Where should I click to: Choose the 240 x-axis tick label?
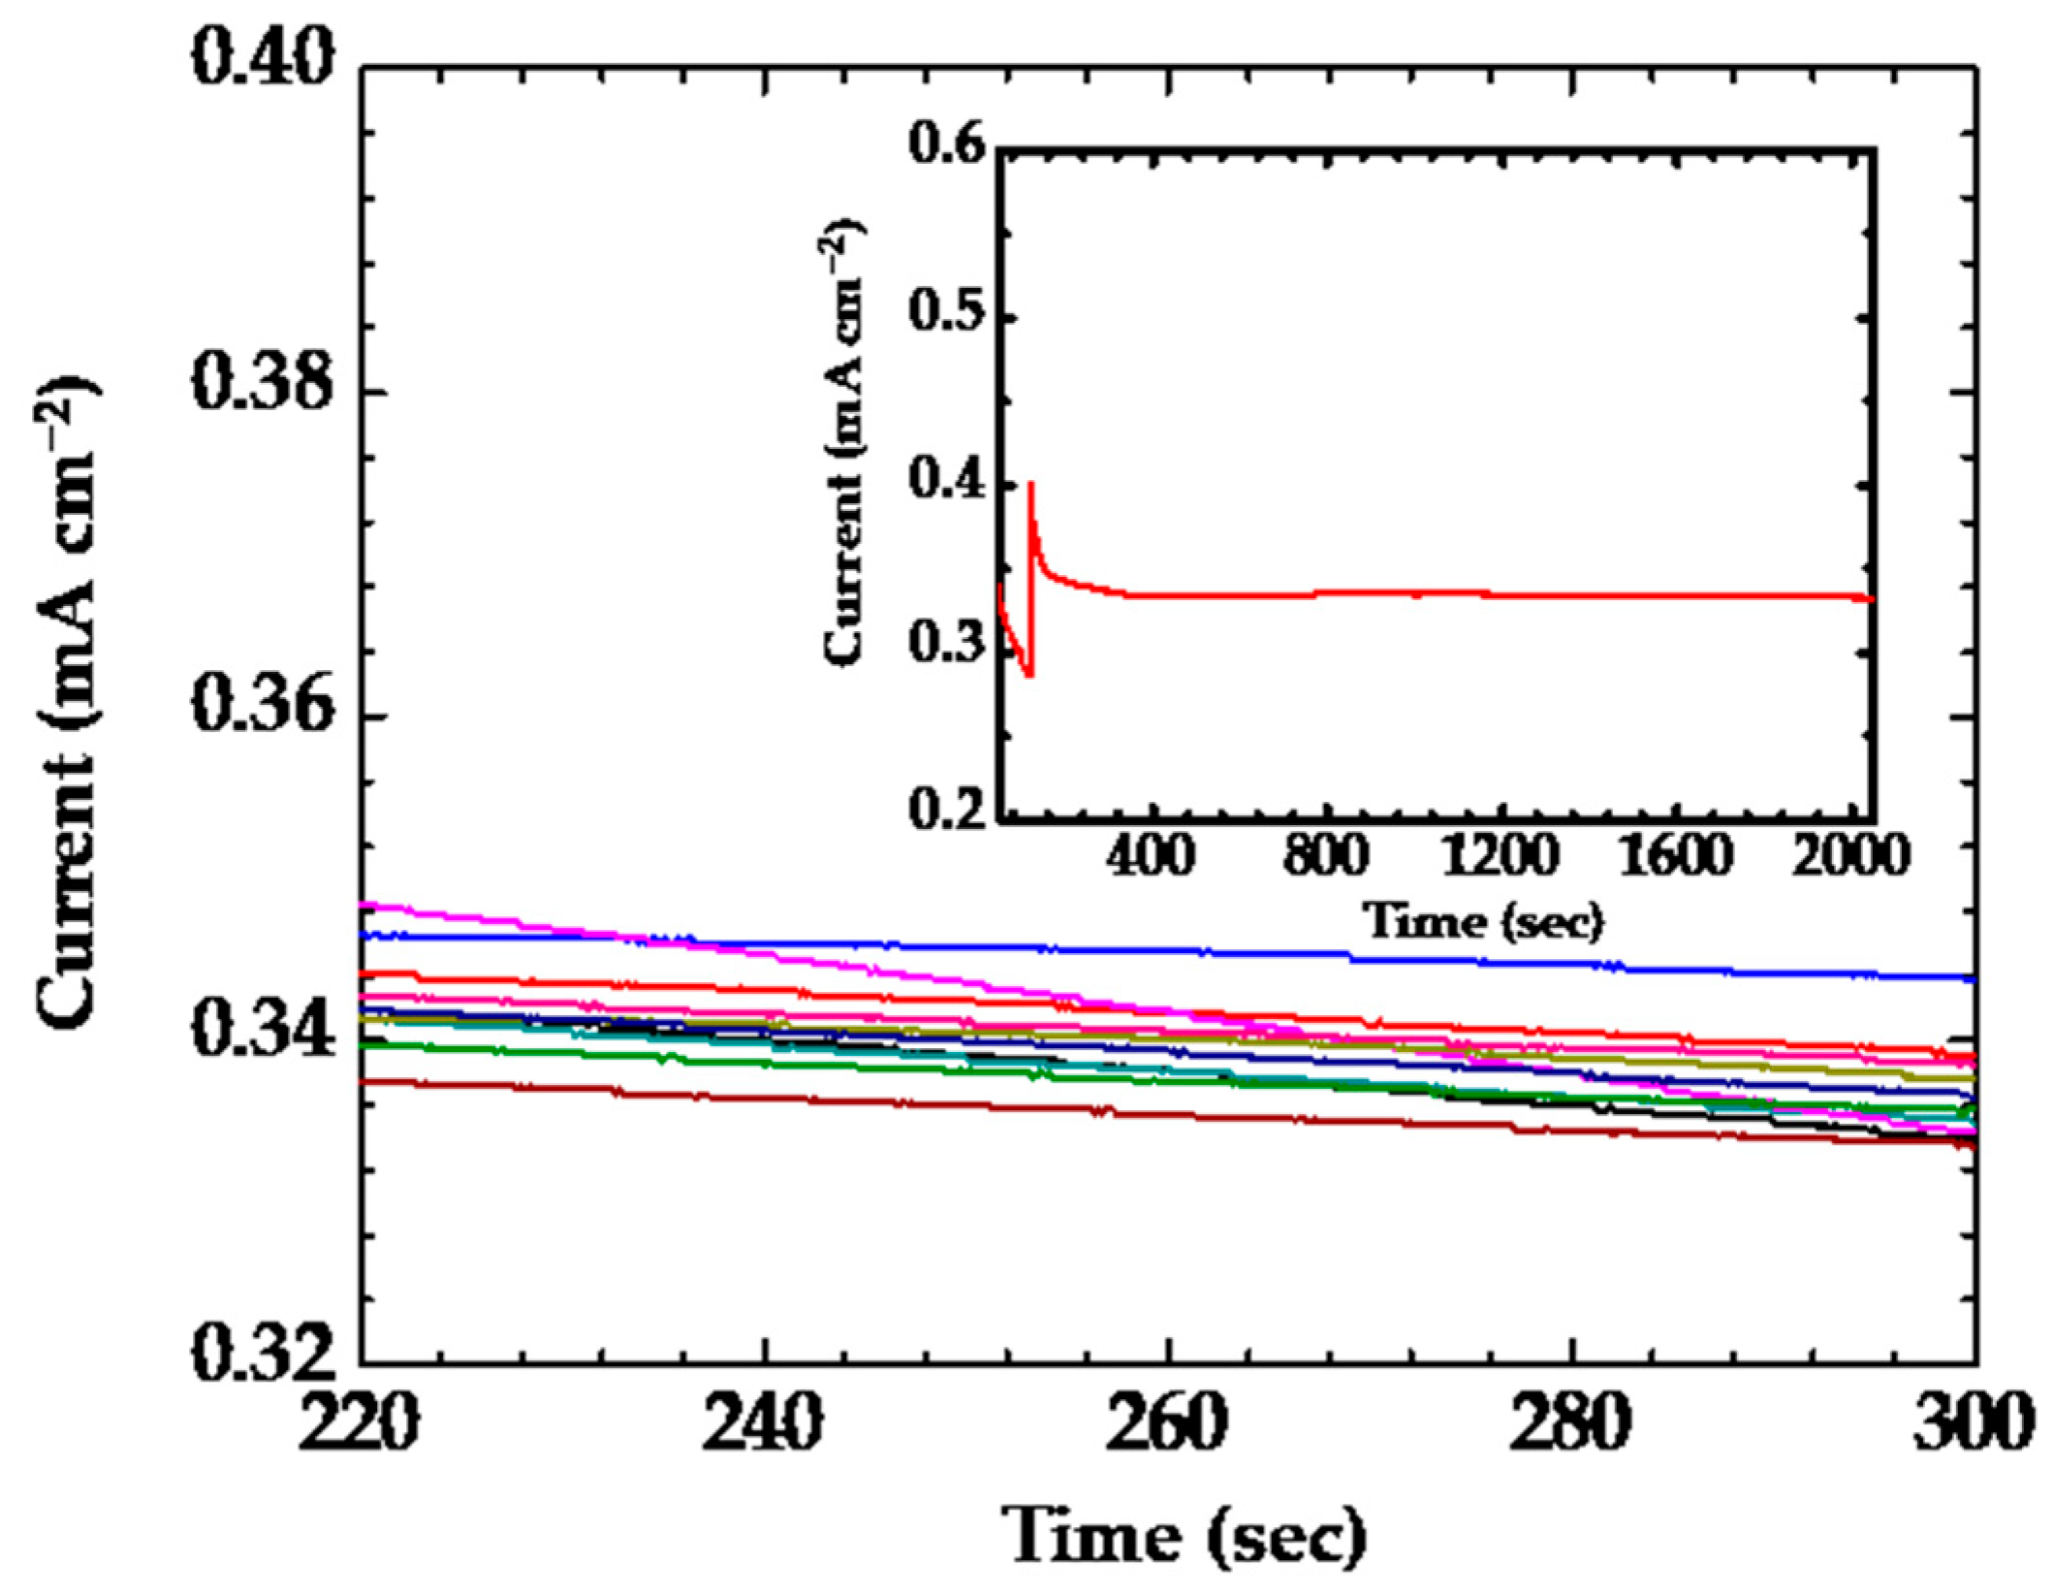pyautogui.click(x=763, y=1423)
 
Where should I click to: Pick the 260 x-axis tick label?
pyautogui.click(x=1167, y=1423)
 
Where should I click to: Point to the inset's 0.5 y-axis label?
pyautogui.click(x=947, y=318)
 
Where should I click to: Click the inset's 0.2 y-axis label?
pyautogui.click(x=947, y=810)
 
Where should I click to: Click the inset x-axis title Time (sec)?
pyautogui.click(x=1483, y=920)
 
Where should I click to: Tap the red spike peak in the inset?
pyautogui.click(x=1030, y=484)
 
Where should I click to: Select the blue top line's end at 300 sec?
pyautogui.click(x=1971, y=979)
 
